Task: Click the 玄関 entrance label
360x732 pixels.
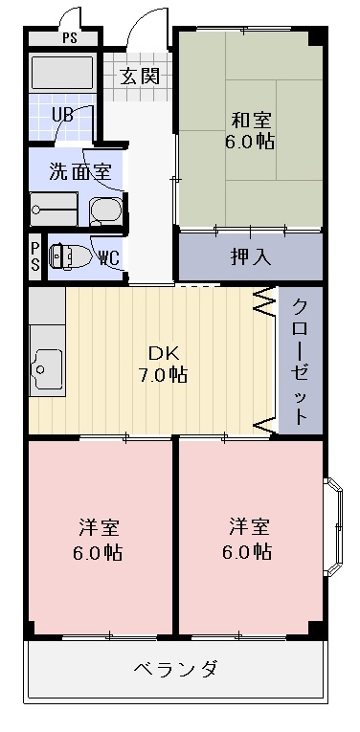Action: (x=140, y=77)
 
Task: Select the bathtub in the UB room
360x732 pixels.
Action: (x=60, y=74)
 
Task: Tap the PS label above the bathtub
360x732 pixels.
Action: (x=68, y=39)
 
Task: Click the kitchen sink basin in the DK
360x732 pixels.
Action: (x=45, y=366)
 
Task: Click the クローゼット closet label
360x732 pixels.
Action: (x=300, y=361)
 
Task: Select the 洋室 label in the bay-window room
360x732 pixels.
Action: (x=249, y=539)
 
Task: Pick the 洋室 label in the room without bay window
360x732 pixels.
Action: (x=100, y=539)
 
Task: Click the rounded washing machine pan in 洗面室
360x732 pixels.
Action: (x=106, y=209)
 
